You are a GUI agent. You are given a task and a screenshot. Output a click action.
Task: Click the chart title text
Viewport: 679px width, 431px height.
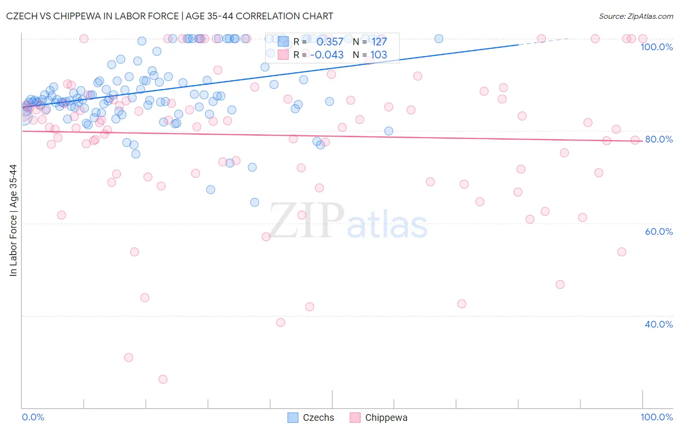[170, 16]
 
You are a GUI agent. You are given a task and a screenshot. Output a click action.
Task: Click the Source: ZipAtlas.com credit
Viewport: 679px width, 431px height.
[636, 16]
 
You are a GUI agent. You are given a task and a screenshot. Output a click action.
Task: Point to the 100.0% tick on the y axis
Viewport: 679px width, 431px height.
[656, 47]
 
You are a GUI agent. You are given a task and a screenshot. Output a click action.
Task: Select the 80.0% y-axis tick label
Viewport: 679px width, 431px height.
[659, 139]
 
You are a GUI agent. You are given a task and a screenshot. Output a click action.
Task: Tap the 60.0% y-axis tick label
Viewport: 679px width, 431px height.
[659, 231]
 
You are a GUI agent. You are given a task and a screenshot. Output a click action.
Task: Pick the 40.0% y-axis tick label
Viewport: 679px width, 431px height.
[659, 324]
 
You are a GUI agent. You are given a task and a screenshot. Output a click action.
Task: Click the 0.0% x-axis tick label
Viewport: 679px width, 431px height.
[33, 417]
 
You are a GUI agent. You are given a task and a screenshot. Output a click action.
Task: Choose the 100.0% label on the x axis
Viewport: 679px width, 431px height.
[656, 417]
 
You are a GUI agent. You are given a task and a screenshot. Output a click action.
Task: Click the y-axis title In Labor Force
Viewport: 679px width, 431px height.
[13, 220]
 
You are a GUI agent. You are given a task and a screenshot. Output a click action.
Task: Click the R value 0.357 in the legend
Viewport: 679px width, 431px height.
[330, 42]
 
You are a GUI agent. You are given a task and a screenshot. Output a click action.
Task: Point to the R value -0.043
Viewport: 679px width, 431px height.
[327, 55]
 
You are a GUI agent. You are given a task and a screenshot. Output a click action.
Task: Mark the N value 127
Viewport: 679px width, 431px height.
[379, 42]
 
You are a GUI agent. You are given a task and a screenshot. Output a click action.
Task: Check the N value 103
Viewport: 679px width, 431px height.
[379, 55]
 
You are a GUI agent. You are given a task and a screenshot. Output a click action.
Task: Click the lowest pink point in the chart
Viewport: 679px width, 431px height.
[163, 379]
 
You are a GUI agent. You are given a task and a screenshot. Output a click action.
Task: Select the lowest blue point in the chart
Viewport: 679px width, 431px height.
[255, 202]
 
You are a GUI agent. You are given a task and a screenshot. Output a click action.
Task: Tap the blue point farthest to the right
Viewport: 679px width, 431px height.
[439, 39]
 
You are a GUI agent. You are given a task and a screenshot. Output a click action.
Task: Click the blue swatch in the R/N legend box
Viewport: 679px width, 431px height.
[283, 42]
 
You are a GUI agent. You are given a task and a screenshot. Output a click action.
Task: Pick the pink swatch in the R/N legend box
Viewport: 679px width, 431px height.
[283, 55]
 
